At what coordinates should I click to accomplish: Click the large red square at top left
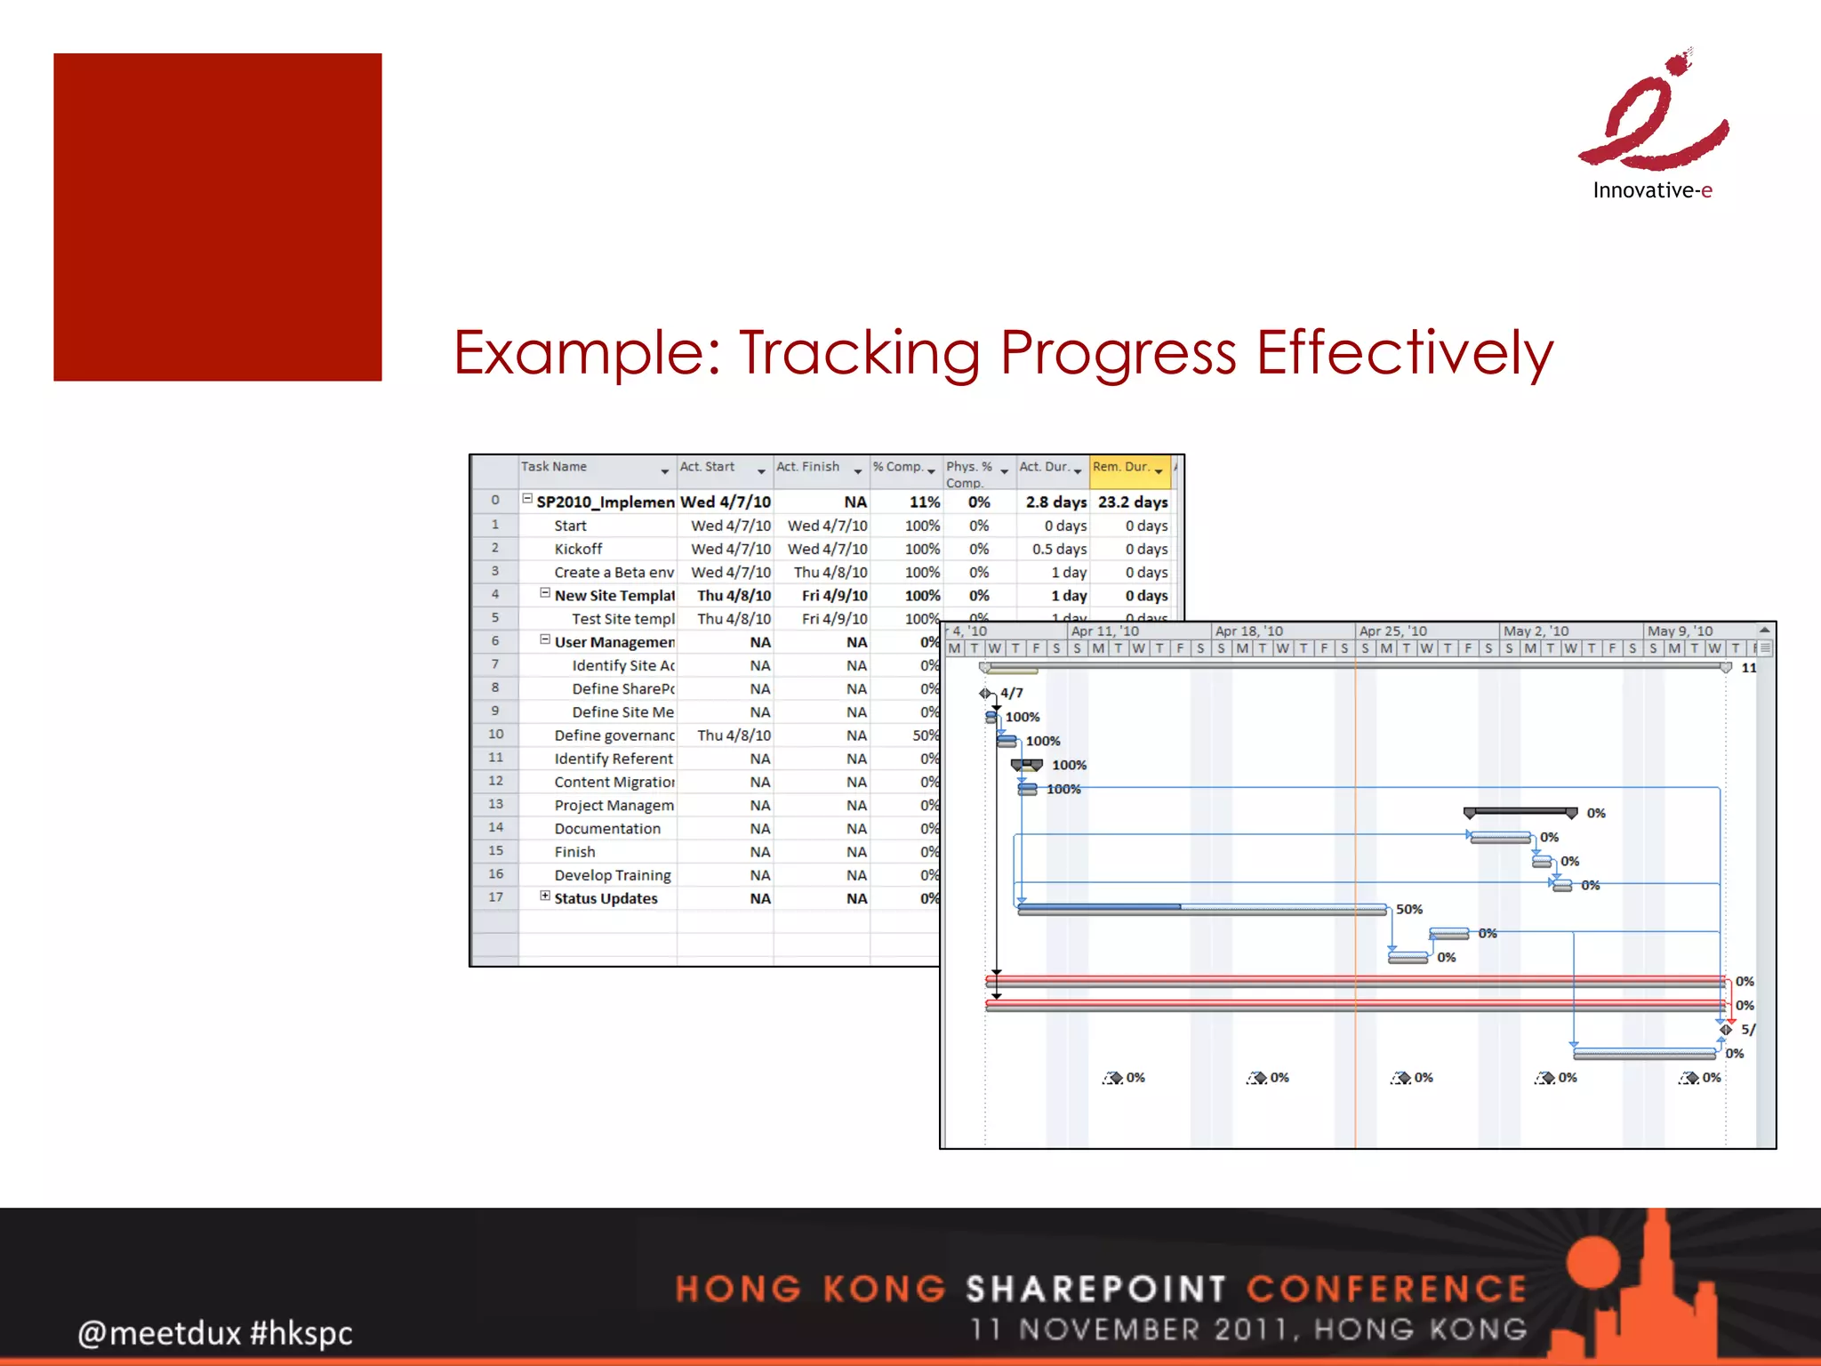click(x=217, y=217)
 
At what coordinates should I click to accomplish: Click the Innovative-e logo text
click(x=1651, y=190)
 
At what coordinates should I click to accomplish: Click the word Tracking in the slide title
click(x=859, y=353)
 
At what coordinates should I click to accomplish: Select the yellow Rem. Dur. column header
click(x=1127, y=469)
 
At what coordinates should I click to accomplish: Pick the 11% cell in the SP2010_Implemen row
click(x=924, y=502)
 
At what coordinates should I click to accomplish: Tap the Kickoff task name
click(x=578, y=550)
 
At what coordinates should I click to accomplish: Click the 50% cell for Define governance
click(x=925, y=735)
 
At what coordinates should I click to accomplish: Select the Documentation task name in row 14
click(x=607, y=829)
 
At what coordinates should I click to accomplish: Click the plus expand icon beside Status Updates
click(x=545, y=896)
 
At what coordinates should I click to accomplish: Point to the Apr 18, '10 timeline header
click(x=1248, y=631)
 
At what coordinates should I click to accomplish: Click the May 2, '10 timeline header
click(x=1536, y=631)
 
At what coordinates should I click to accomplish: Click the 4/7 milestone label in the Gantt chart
click(x=1011, y=693)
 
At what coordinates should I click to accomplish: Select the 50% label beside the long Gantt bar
click(x=1408, y=909)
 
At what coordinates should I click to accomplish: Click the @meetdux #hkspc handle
click(x=215, y=1333)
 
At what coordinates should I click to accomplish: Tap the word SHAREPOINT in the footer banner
click(x=1096, y=1289)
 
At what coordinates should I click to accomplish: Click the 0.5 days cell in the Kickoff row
click(x=1058, y=550)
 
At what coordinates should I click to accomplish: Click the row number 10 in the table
click(x=495, y=735)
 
